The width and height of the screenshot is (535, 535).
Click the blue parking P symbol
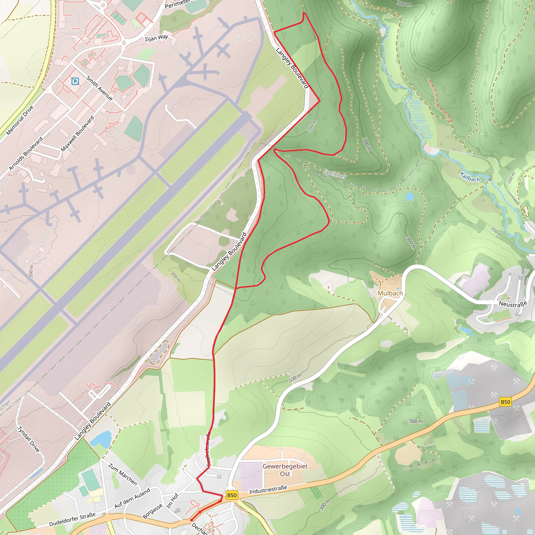[75, 81]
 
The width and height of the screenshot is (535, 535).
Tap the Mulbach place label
[390, 293]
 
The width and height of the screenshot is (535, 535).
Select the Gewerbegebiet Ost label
[285, 470]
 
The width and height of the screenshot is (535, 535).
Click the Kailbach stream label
[470, 177]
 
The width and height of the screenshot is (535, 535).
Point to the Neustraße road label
[513, 304]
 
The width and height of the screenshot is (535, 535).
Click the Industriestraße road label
[268, 490]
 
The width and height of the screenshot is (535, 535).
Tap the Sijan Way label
[156, 38]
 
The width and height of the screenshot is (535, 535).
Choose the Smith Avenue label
[100, 88]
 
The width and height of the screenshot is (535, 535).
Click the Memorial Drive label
[20, 120]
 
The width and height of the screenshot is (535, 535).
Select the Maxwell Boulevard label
[77, 133]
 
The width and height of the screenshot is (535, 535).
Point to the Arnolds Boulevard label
[26, 153]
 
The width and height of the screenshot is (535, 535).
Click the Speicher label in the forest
[335, 174]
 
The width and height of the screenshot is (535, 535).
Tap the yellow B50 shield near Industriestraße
[231, 495]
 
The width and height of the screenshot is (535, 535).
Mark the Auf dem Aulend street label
[132, 498]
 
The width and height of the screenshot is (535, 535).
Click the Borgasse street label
[152, 511]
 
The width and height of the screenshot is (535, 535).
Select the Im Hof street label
[172, 501]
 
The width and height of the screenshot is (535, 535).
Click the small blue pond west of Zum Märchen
[101, 439]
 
